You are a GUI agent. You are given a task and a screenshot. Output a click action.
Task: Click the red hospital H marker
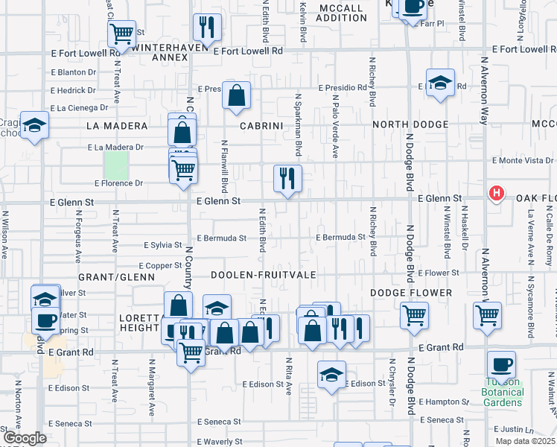(x=497, y=194)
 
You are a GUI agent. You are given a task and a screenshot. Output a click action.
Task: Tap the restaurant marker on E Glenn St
(x=287, y=179)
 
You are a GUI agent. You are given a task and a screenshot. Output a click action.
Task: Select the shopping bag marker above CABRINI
(x=236, y=95)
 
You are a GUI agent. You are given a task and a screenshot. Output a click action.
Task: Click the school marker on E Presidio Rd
(x=440, y=83)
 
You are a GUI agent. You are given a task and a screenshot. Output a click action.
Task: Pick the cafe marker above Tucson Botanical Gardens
(x=501, y=365)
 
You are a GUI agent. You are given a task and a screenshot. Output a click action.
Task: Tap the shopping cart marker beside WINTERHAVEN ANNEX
(x=121, y=34)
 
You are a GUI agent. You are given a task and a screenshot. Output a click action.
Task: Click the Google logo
(x=25, y=438)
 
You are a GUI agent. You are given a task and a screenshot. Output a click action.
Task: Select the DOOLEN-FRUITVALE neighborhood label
(x=263, y=276)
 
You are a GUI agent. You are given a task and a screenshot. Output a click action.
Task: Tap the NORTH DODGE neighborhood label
(x=410, y=124)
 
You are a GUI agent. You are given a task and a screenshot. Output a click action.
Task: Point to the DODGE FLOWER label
(x=402, y=293)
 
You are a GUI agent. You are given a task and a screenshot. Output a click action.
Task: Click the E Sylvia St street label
(x=162, y=245)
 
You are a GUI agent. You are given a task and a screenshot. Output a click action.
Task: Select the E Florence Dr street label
(x=118, y=183)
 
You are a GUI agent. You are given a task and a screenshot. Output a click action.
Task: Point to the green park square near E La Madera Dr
(x=116, y=164)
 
